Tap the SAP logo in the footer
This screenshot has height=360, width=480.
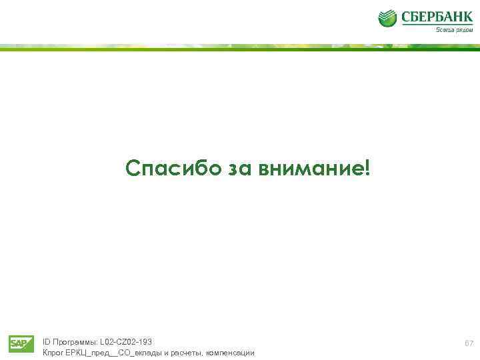(x=21, y=344)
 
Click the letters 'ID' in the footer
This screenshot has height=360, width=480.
(x=46, y=342)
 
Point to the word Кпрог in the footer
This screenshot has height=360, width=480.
(x=53, y=352)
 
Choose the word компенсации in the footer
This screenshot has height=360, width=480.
(x=231, y=352)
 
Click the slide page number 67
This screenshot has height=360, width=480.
(x=469, y=344)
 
